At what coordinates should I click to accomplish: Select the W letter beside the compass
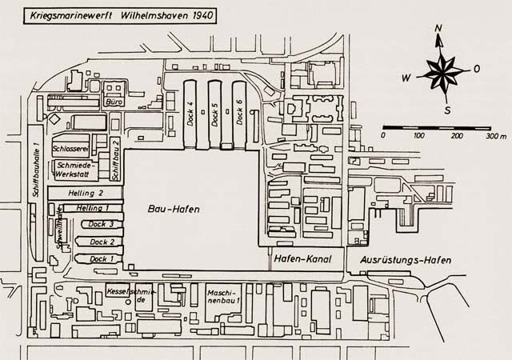pos(406,78)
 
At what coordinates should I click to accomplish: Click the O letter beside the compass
pos(477,69)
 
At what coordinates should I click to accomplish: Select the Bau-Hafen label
pos(173,209)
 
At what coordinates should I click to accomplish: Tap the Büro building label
pos(113,103)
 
